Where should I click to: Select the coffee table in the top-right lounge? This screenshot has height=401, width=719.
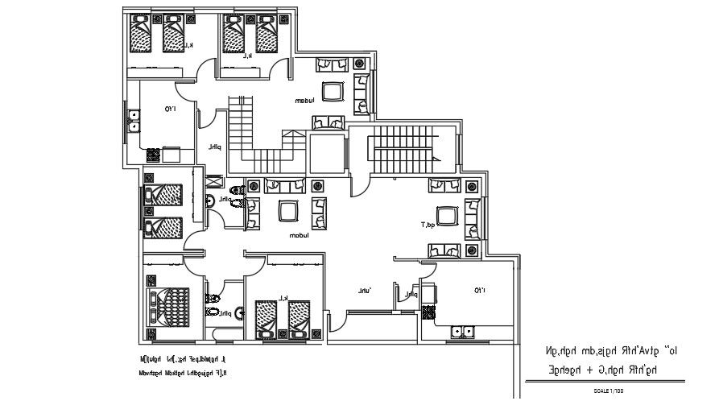click(332, 91)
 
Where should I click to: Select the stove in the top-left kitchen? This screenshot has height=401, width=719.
click(171, 152)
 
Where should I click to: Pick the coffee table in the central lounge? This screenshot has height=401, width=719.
click(287, 211)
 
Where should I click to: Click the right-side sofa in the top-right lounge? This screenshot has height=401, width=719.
click(362, 91)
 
